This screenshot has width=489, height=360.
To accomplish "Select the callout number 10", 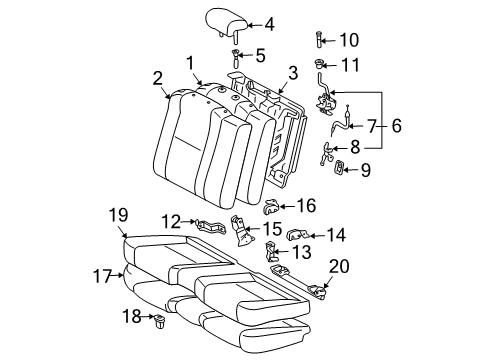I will (x=349, y=40).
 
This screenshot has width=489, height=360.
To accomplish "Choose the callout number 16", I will (x=306, y=205).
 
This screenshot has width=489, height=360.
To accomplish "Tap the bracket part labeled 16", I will (x=273, y=207).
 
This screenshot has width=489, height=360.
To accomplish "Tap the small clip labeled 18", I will (x=159, y=321).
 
